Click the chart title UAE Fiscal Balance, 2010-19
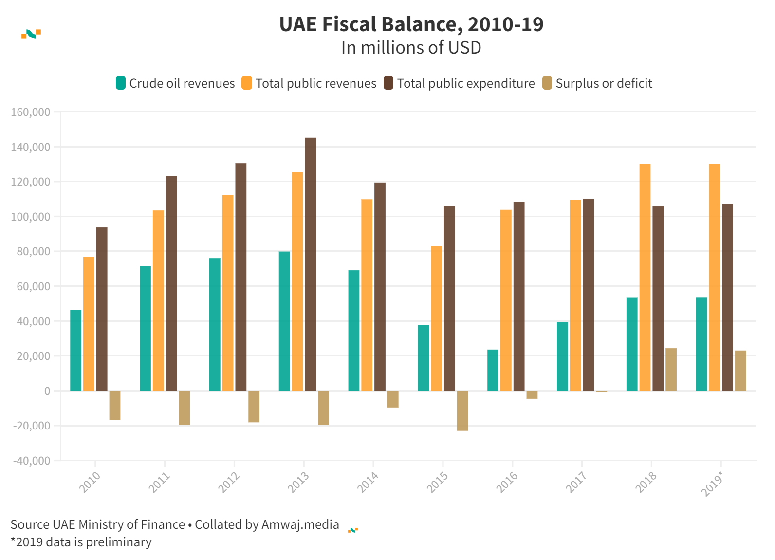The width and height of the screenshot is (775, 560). click(x=411, y=24)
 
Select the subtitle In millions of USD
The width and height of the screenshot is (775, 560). click(x=411, y=48)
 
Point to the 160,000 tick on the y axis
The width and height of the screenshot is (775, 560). click(x=31, y=112)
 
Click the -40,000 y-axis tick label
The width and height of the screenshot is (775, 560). click(x=31, y=461)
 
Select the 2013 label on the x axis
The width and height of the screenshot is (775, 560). click(x=298, y=482)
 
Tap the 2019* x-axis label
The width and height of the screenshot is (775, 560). click(x=713, y=484)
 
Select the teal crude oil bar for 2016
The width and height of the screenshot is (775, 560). click(x=493, y=370)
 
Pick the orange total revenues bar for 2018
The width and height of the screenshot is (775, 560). click(x=645, y=277)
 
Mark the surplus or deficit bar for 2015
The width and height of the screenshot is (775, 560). click(x=462, y=411)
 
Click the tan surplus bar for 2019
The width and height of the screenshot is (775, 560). click(x=740, y=371)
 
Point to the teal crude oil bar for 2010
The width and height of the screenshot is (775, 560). click(x=76, y=350)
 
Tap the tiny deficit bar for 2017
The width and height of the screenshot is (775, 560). click(x=601, y=391)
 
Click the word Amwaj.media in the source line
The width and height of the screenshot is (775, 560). click(x=300, y=524)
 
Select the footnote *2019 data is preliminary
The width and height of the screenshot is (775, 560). click(x=81, y=542)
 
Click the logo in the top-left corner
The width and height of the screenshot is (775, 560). click(x=31, y=34)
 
